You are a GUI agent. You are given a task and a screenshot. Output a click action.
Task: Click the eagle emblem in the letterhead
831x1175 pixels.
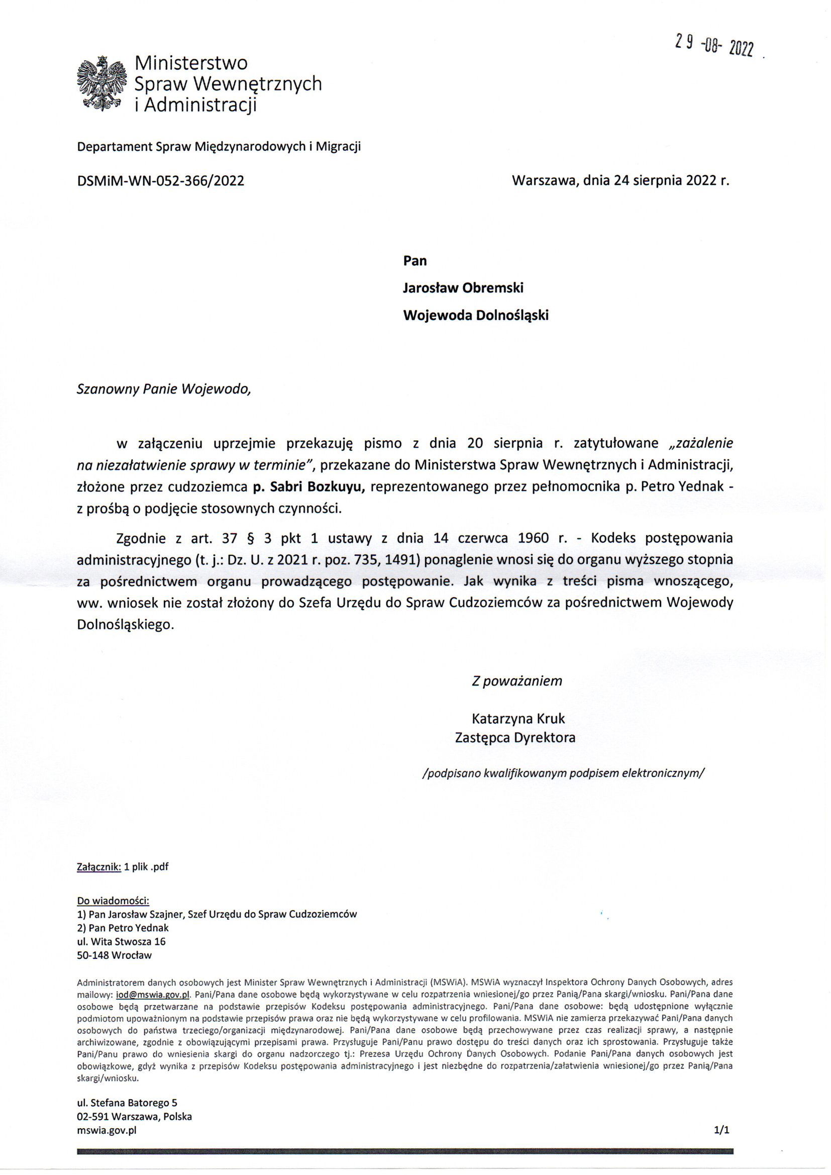(x=101, y=83)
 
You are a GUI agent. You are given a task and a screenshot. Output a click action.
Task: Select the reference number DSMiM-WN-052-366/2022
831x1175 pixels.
(x=160, y=180)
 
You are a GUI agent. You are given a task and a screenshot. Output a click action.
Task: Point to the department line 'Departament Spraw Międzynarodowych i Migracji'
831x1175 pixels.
(x=219, y=147)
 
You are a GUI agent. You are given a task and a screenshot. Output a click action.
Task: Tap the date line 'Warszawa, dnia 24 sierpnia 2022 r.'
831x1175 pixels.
(x=620, y=180)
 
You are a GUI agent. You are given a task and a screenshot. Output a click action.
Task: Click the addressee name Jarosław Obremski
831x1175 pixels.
(x=463, y=287)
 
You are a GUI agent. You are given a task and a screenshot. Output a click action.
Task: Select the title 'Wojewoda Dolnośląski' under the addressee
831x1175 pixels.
(x=476, y=315)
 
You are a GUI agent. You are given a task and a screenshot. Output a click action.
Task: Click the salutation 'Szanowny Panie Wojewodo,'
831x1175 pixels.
(x=164, y=389)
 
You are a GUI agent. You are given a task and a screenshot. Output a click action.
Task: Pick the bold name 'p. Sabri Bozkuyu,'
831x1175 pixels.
(x=308, y=487)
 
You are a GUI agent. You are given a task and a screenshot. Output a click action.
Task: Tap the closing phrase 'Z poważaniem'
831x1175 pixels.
(x=517, y=680)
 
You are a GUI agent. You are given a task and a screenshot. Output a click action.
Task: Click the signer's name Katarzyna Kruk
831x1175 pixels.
(x=518, y=719)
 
